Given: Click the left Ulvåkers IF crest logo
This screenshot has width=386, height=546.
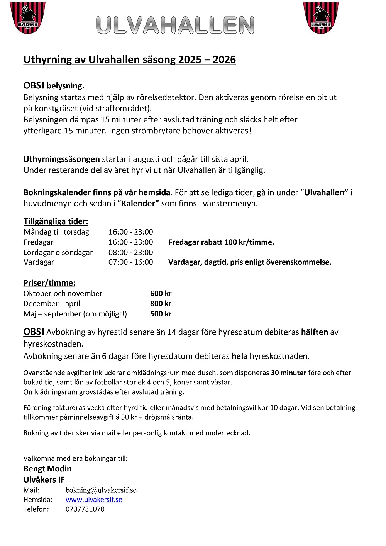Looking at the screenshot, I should (x=27, y=17).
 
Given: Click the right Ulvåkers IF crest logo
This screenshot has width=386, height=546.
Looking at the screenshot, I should (x=321, y=17).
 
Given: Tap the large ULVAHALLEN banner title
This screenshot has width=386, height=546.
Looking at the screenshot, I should (x=175, y=25).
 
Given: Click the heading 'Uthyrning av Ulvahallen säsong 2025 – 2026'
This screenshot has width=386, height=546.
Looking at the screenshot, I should (x=130, y=60).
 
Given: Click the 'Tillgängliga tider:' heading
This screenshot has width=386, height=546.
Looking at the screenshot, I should (x=56, y=221).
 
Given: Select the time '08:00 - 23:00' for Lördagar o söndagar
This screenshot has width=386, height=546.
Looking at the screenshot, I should (x=130, y=252).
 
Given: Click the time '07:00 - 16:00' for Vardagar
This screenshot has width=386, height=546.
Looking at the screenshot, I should (x=130, y=262).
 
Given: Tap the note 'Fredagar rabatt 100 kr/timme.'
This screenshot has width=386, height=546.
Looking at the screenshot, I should (x=221, y=242).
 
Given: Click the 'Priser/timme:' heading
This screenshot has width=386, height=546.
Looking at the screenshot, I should (x=49, y=283).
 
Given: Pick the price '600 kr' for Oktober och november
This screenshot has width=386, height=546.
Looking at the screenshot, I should (x=161, y=293).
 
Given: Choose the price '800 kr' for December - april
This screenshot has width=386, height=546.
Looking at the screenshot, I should (x=161, y=304).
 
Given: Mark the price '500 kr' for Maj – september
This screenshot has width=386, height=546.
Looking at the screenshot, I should (x=161, y=314).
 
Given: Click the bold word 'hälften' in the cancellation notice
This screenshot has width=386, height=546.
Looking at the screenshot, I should (x=314, y=332).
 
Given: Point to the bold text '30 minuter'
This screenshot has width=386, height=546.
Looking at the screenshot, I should (x=288, y=373).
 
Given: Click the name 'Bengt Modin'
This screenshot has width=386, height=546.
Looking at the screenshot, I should (x=47, y=469).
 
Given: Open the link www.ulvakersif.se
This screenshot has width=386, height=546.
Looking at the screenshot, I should (x=94, y=500).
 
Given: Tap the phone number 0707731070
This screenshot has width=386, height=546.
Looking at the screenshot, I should (x=85, y=509).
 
